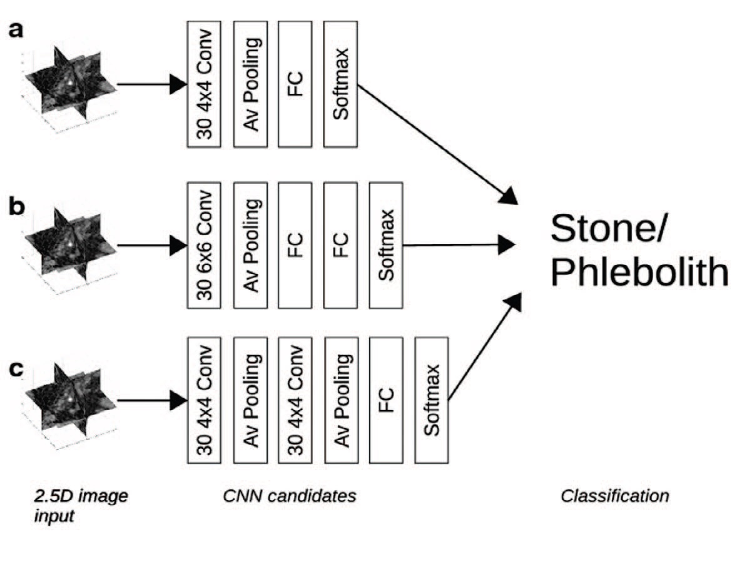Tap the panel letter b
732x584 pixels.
(x=16, y=206)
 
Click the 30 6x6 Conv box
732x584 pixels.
(x=204, y=244)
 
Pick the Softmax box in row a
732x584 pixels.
(x=340, y=84)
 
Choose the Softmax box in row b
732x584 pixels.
(x=386, y=244)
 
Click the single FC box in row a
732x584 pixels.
(x=295, y=84)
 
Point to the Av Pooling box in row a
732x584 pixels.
(x=250, y=84)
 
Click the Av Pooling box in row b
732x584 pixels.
(x=250, y=244)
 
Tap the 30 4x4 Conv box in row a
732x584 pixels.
(x=204, y=84)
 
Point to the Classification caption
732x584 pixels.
(x=614, y=496)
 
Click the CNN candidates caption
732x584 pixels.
(x=289, y=496)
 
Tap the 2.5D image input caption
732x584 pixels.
(x=81, y=506)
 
